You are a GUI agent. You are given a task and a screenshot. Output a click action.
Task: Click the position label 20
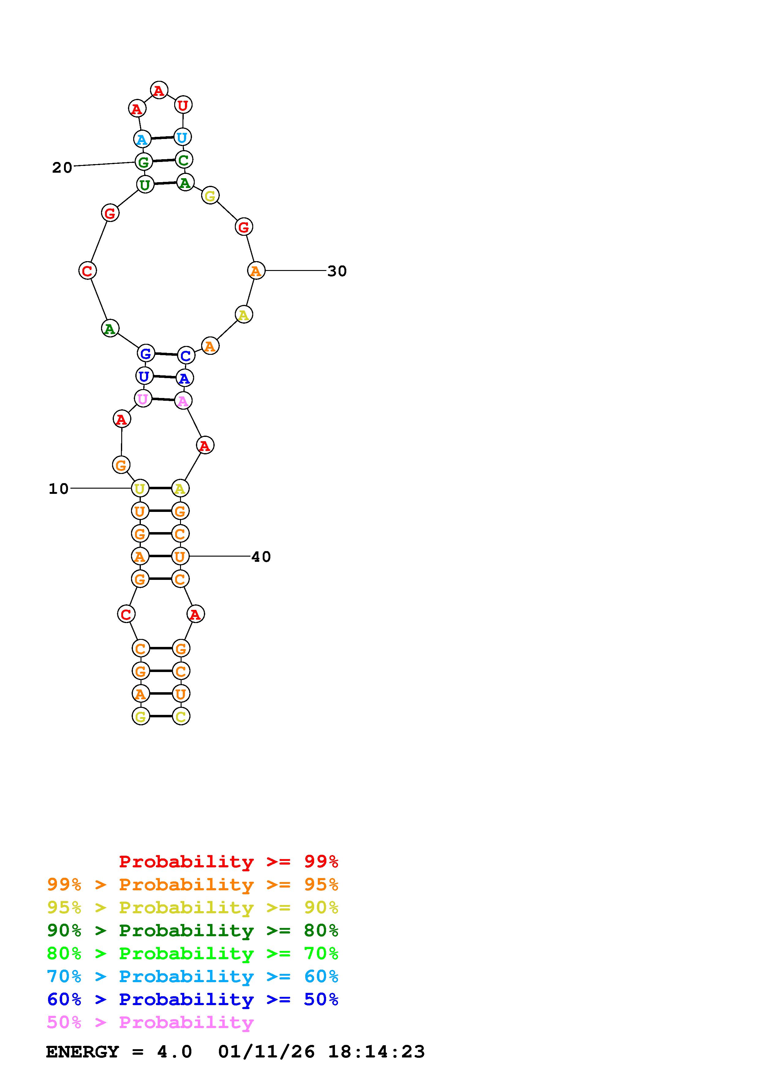click(62, 167)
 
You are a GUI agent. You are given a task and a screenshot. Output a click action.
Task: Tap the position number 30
click(337, 271)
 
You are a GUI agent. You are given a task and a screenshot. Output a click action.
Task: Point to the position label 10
click(58, 489)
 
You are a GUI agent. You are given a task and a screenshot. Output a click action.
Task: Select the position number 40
click(261, 557)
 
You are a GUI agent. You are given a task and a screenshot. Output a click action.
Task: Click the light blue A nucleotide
click(142, 139)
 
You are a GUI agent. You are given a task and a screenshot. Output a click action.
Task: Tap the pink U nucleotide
click(143, 399)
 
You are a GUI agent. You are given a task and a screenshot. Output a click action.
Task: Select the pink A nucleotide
click(183, 401)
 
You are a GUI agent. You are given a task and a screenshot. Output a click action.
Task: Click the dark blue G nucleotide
click(146, 353)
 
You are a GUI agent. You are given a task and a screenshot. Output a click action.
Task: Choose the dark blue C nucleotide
click(186, 355)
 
